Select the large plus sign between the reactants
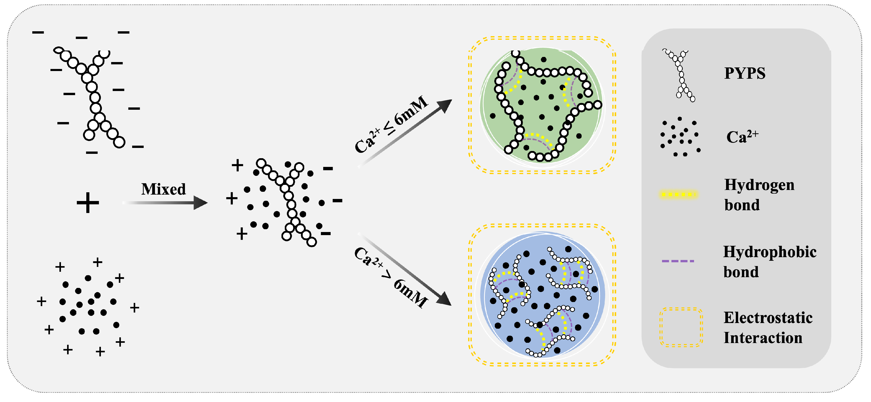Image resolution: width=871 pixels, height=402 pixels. tap(88, 203)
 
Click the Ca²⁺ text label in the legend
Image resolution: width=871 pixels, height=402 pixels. tap(742, 137)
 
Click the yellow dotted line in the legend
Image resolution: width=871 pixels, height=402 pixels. tap(678, 194)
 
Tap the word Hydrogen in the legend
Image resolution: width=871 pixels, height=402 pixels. tap(759, 185)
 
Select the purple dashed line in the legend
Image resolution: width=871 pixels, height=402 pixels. tap(678, 261)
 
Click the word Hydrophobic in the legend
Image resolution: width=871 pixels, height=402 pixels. tap(770, 252)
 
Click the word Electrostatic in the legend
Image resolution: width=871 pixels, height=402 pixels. tap(768, 318)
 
